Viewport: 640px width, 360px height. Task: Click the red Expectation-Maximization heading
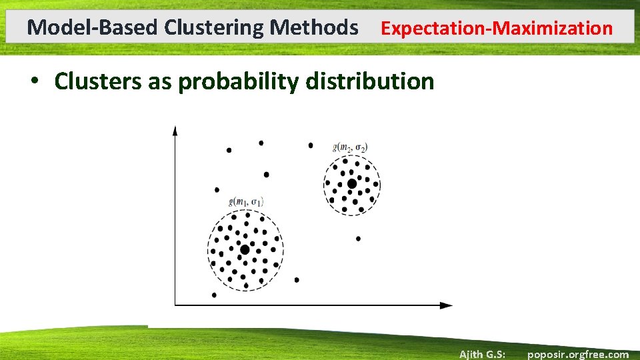click(496, 29)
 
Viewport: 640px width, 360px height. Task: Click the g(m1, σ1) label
click(246, 201)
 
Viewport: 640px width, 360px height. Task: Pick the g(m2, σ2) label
click(349, 147)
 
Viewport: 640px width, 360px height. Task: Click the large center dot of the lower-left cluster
click(245, 249)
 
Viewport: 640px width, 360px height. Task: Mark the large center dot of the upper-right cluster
click(351, 183)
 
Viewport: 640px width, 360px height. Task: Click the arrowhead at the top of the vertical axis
click(175, 129)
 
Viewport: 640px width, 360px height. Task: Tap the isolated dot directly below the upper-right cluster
click(358, 238)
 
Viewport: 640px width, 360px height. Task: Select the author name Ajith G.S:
click(482, 354)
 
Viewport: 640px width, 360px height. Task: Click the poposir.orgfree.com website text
click(577, 354)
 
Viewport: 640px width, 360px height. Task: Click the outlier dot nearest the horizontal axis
click(214, 295)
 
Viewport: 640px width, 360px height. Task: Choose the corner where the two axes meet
click(175, 305)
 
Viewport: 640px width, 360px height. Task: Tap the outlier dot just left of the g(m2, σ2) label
click(311, 145)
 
